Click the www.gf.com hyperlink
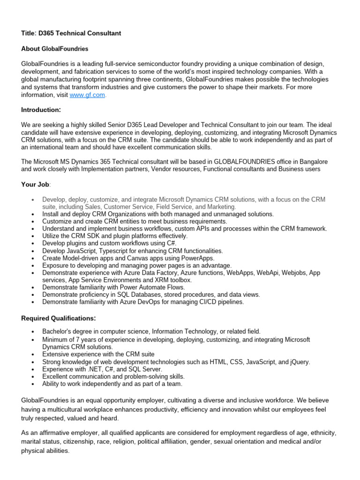pyautogui.click(x=87, y=95)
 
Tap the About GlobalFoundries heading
pyautogui.click(x=55, y=49)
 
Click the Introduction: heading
pyautogui.click(x=41, y=110)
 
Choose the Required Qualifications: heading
pyautogui.click(x=59, y=318)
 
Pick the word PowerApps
pyautogui.click(x=198, y=258)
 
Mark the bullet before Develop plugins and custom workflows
pyautogui.click(x=32, y=244)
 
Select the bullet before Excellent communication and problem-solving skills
pyautogui.click(x=32, y=377)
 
